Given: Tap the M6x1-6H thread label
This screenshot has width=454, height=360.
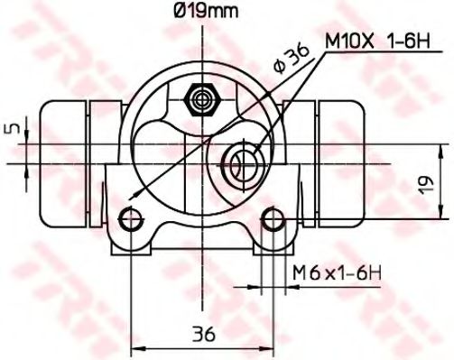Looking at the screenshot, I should click(333, 272).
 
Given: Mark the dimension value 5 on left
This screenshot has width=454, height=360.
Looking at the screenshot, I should click(12, 129).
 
